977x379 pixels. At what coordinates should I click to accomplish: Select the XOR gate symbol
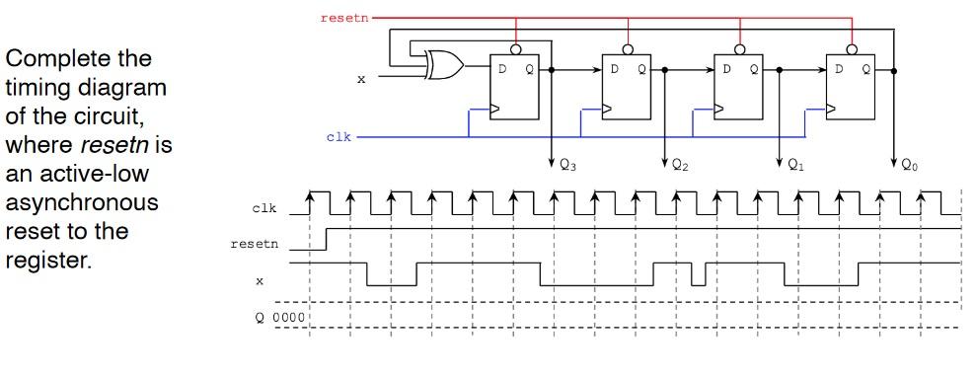pos(444,66)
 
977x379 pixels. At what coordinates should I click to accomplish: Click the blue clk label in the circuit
pos(338,136)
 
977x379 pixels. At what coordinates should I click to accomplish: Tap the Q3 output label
pos(567,167)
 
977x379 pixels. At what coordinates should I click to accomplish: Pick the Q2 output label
pos(680,167)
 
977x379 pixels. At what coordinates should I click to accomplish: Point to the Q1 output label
pos(795,167)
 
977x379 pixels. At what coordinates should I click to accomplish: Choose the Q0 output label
pos(909,167)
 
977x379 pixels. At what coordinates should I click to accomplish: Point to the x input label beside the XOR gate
pos(360,79)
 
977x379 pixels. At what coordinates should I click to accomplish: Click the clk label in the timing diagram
pos(263,208)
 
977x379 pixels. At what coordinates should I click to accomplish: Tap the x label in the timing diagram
pos(260,280)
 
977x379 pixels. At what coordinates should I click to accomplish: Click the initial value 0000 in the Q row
pos(290,318)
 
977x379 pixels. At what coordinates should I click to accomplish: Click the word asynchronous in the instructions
pos(80,201)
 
